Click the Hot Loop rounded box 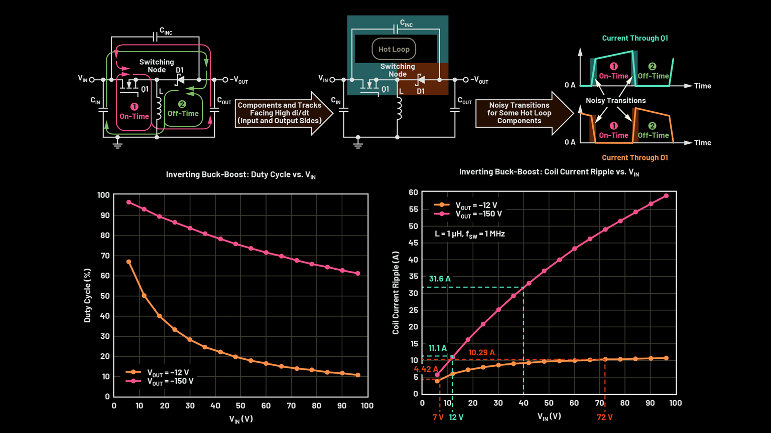(x=394, y=49)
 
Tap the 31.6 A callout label (x=440, y=279)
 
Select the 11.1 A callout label (x=437, y=348)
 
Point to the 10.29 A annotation (x=481, y=353)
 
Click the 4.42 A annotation (x=426, y=369)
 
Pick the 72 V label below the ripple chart (x=604, y=417)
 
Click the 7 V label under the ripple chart (x=438, y=417)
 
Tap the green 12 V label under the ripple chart (x=456, y=417)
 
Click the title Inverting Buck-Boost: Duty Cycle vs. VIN (x=241, y=175)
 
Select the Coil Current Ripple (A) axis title (x=396, y=293)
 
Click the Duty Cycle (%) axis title (x=88, y=296)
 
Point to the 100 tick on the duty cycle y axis (x=103, y=195)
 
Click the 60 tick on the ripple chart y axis (x=413, y=192)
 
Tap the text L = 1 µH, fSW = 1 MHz (x=470, y=234)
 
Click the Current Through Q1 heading (x=635, y=38)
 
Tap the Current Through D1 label (x=635, y=158)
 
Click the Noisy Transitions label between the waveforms (x=616, y=101)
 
